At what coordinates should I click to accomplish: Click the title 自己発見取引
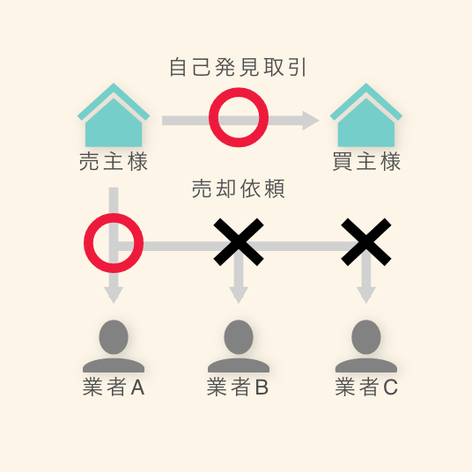click(238, 67)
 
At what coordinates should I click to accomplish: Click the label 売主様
click(114, 161)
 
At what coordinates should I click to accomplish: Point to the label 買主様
click(366, 161)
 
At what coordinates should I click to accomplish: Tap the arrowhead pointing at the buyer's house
click(311, 121)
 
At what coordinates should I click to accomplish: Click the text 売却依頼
click(238, 188)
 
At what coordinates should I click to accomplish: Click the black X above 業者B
click(239, 242)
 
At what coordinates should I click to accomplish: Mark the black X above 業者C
click(366, 242)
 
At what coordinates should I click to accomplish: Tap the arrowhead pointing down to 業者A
click(114, 295)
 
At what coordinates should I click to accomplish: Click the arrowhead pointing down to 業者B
click(239, 295)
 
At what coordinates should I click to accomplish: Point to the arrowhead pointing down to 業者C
click(366, 295)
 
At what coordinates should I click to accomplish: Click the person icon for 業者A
click(114, 346)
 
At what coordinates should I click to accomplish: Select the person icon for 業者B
click(239, 346)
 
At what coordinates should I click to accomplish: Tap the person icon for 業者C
click(366, 346)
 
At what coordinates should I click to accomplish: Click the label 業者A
click(114, 387)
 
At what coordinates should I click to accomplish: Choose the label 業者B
click(238, 387)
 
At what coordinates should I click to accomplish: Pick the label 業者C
click(366, 387)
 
